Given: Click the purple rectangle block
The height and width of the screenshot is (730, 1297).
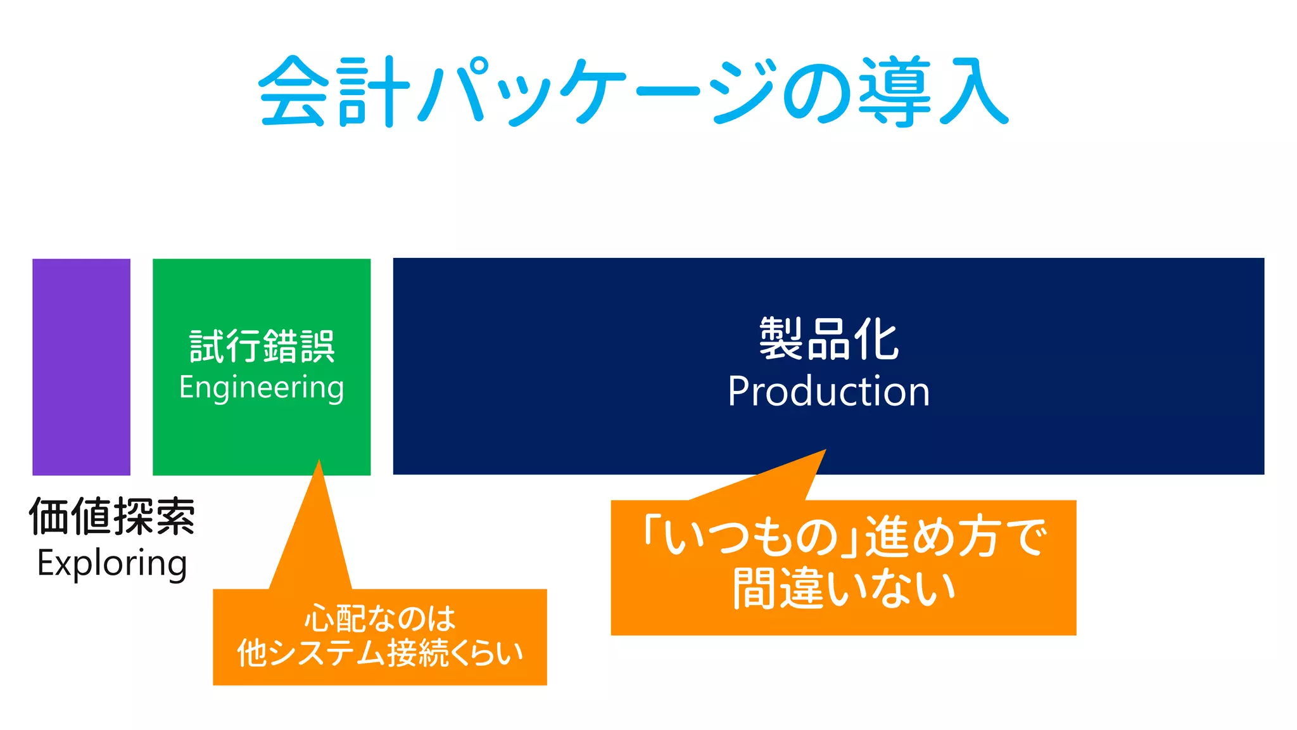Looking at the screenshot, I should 81,366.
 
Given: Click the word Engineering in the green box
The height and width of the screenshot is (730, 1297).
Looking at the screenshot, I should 262,388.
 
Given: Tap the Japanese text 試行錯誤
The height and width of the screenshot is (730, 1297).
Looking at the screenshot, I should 262,346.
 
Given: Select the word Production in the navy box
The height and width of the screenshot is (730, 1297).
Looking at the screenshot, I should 828,391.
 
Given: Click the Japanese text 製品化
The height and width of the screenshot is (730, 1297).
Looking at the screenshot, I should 828,340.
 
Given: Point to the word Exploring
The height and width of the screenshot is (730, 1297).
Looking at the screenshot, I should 112,563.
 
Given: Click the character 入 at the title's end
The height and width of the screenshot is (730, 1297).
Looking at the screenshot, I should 972,92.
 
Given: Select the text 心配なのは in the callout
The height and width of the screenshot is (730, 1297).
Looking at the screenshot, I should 380,618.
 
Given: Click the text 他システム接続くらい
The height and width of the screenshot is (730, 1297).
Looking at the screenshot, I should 380,653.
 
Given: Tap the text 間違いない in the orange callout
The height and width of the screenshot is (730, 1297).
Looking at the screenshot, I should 844,589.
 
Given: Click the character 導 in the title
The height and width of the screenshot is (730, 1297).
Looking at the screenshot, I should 894,92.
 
